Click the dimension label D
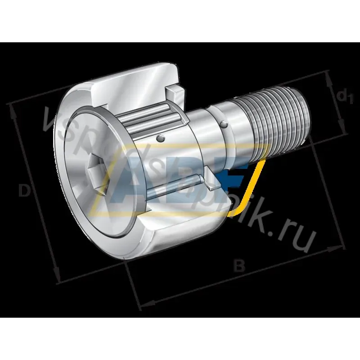pos(25,191)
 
